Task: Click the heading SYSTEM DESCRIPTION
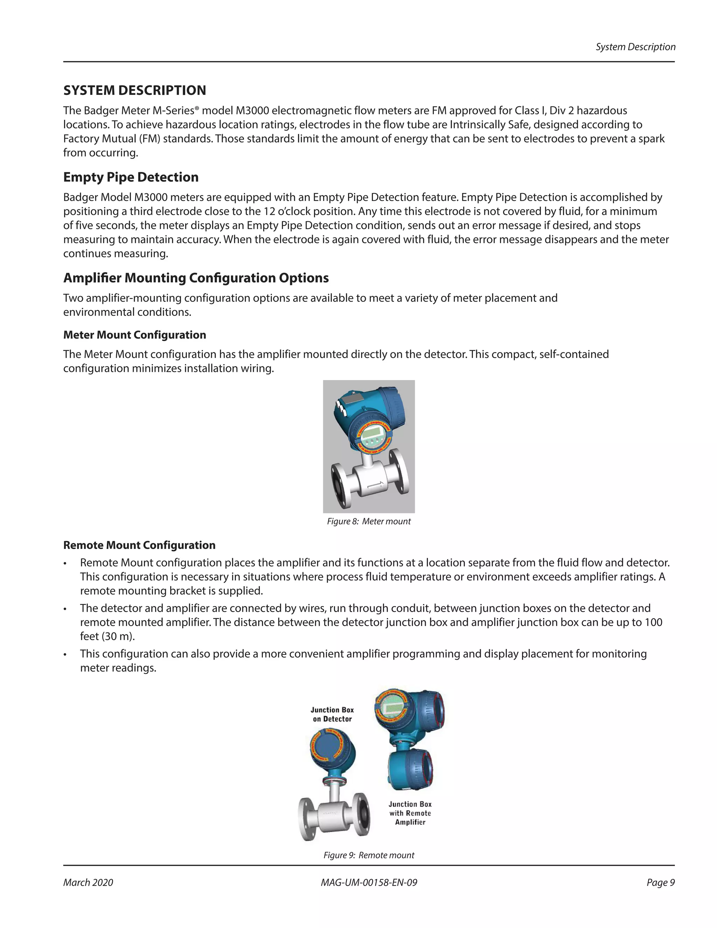point(135,90)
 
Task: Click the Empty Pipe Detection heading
point(131,177)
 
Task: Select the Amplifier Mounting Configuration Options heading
point(196,278)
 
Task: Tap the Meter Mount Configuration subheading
point(135,335)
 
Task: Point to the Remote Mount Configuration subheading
point(139,545)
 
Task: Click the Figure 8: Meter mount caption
point(369,521)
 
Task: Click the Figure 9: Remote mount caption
point(369,856)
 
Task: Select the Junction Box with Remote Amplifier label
point(410,813)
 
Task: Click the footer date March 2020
point(88,882)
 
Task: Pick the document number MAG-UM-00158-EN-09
point(369,882)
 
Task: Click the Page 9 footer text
point(661,882)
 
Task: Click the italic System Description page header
point(635,47)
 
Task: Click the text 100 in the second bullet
point(653,623)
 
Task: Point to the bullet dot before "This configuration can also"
point(65,655)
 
